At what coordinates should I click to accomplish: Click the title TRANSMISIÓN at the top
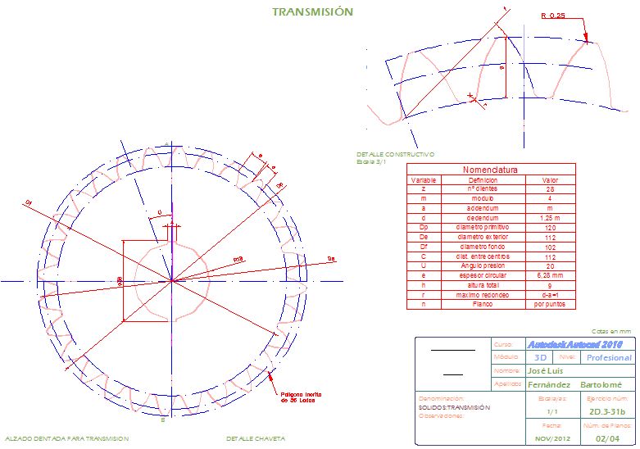312,12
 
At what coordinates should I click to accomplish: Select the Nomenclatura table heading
491,170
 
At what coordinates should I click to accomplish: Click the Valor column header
550,179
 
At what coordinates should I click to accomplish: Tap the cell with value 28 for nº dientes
550,188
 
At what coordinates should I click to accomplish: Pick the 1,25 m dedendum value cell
550,217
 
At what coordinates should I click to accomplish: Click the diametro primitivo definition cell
483,227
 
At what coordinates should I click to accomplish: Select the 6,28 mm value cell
550,275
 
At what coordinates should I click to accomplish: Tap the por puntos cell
550,305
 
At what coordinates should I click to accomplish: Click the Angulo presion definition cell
483,265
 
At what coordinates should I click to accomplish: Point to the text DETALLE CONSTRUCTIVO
395,154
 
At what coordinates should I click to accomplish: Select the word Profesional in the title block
609,358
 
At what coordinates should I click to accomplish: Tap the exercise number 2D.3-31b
607,411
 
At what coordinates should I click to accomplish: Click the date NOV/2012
550,439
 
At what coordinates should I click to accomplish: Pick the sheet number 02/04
607,439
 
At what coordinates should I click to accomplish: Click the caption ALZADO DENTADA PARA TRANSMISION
66,439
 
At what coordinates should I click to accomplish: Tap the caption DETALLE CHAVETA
256,439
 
